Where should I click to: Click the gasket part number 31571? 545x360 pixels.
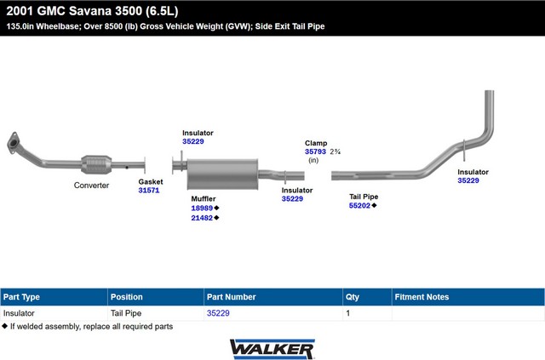[x=149, y=190]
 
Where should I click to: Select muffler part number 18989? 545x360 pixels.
[x=202, y=208]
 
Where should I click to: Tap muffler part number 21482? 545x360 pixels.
[x=202, y=218]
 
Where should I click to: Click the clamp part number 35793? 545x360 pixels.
[x=315, y=151]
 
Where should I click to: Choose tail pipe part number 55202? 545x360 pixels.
[x=359, y=205]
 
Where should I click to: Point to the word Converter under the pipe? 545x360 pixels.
[x=91, y=186]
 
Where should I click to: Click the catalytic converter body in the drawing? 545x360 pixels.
[x=96, y=165]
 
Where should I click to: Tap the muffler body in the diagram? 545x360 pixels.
[x=222, y=174]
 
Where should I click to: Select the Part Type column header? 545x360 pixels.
[x=21, y=297]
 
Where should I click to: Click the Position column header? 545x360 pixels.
[x=127, y=297]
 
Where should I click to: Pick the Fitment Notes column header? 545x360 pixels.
[x=422, y=297]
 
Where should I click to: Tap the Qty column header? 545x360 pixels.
[x=352, y=297]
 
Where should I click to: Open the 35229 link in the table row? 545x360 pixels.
[x=218, y=313]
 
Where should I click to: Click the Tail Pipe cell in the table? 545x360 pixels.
[x=126, y=313]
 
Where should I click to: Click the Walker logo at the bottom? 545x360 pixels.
[x=272, y=349]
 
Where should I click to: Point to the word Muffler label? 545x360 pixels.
[x=204, y=199]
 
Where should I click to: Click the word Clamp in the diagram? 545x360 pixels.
[x=316, y=143]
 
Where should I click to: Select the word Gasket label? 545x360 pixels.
[x=151, y=181]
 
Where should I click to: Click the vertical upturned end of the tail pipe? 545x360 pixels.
[x=490, y=111]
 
